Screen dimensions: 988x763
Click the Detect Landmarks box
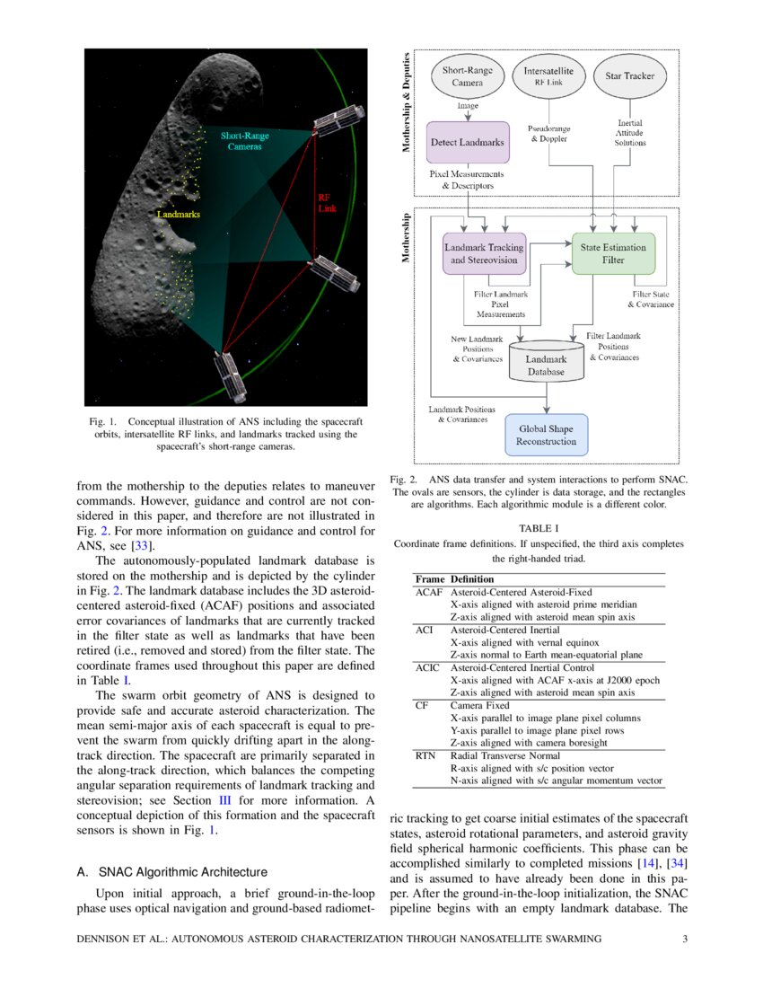468,142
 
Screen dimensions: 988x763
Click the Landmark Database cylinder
545,358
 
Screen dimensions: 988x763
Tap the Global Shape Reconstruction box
546,435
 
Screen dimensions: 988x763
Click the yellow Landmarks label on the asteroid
178,216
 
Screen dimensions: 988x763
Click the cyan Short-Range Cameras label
244,141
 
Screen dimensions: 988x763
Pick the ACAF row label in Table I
429,593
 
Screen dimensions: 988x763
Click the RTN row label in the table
425,756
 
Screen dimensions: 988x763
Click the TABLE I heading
539,528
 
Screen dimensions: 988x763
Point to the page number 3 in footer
684,939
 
